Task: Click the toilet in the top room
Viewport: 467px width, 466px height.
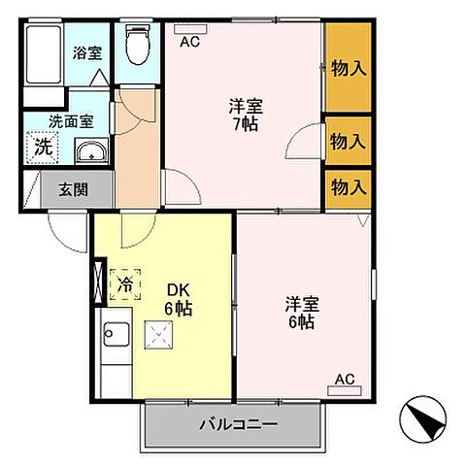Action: [x=137, y=43]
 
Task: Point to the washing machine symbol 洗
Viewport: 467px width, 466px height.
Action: [x=43, y=148]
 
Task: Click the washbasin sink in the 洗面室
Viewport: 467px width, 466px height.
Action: [x=89, y=151]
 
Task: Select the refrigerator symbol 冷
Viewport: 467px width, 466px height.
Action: [x=125, y=284]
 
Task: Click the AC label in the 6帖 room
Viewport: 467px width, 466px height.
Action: [x=345, y=380]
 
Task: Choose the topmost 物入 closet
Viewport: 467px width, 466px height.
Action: [x=348, y=68]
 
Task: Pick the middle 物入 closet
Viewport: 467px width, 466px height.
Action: [x=348, y=142]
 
